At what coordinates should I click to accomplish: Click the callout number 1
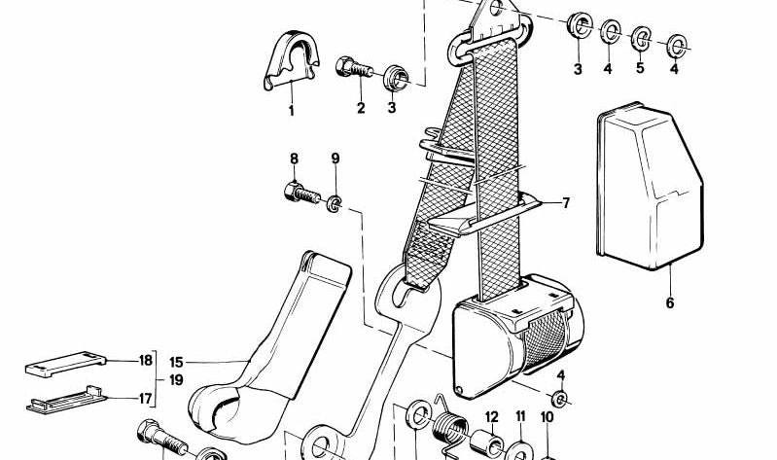(292, 111)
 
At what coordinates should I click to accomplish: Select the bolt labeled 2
(354, 68)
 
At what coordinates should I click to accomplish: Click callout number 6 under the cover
(670, 302)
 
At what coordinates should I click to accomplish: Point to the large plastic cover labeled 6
(650, 186)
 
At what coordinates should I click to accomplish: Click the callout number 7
(565, 202)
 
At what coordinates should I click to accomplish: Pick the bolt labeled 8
(302, 193)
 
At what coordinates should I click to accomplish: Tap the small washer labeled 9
(335, 203)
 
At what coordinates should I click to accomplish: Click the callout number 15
(176, 363)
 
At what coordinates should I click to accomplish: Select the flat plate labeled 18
(65, 364)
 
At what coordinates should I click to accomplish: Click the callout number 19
(176, 380)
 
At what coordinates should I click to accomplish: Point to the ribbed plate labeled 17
(66, 400)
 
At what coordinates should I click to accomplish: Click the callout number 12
(491, 417)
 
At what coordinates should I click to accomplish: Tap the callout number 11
(520, 416)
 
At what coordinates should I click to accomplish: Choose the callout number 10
(547, 418)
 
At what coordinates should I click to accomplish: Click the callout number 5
(640, 68)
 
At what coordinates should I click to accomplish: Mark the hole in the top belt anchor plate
(496, 8)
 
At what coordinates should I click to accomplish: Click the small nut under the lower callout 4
(559, 399)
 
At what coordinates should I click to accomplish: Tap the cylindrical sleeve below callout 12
(486, 443)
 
